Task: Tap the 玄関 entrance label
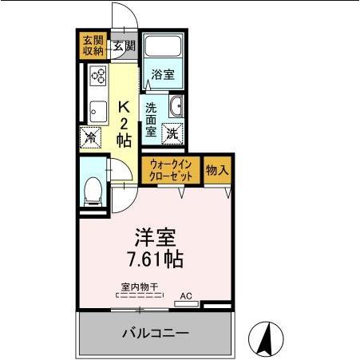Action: [x=123, y=45]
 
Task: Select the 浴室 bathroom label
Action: [x=164, y=77]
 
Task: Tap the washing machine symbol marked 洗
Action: [x=172, y=134]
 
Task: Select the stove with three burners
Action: [x=98, y=77]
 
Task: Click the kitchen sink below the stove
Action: [x=98, y=109]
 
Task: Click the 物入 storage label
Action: [x=218, y=170]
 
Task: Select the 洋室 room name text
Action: [x=155, y=238]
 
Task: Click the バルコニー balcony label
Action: [x=155, y=332]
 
